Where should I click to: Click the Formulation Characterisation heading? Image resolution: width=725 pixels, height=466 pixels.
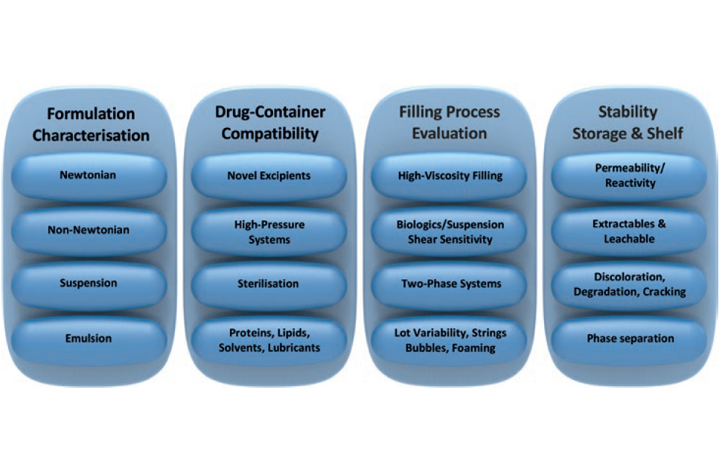(91, 124)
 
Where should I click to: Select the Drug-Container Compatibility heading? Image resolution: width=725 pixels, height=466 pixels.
(269, 123)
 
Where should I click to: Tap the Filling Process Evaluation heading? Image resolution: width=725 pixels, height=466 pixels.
(449, 123)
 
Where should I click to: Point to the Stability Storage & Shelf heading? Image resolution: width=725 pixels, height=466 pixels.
(628, 123)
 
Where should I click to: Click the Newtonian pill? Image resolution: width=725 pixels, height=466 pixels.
(89, 176)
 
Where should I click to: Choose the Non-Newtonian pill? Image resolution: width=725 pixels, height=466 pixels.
(89, 230)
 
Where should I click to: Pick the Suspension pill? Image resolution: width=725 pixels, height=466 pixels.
(89, 284)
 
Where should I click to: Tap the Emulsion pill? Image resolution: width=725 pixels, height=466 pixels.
(89, 339)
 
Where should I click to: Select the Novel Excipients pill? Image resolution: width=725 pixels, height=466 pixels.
(269, 176)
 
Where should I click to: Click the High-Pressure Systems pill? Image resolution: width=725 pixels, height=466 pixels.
(269, 231)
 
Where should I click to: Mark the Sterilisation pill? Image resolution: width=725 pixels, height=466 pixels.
(269, 284)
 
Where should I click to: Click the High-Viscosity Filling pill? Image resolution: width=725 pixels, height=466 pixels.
(449, 176)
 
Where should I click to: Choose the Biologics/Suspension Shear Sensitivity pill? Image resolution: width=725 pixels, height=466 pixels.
(449, 231)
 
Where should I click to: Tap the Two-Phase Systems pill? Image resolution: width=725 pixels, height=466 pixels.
(449, 284)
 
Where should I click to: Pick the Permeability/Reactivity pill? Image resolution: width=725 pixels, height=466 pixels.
(628, 176)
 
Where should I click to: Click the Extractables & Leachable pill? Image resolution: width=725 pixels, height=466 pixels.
(628, 231)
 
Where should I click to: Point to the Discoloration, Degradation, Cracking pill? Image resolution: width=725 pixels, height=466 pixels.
(628, 284)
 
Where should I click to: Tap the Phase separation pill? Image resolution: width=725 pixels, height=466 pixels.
(628, 339)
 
